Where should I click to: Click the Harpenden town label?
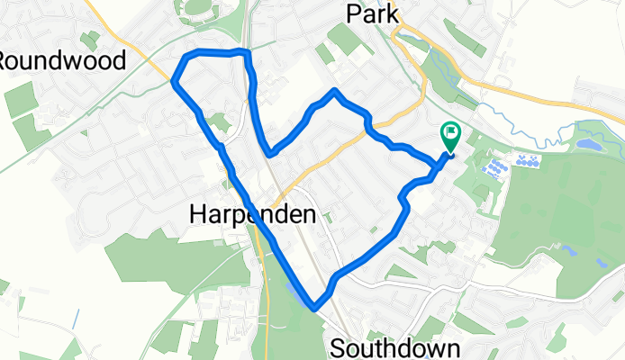(253, 214)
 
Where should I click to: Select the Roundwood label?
(60, 59)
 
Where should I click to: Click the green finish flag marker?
(449, 137)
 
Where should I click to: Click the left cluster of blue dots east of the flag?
(494, 167)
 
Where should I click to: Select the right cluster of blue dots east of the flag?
(527, 162)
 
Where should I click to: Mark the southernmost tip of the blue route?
(314, 307)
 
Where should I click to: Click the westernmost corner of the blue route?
(173, 82)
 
